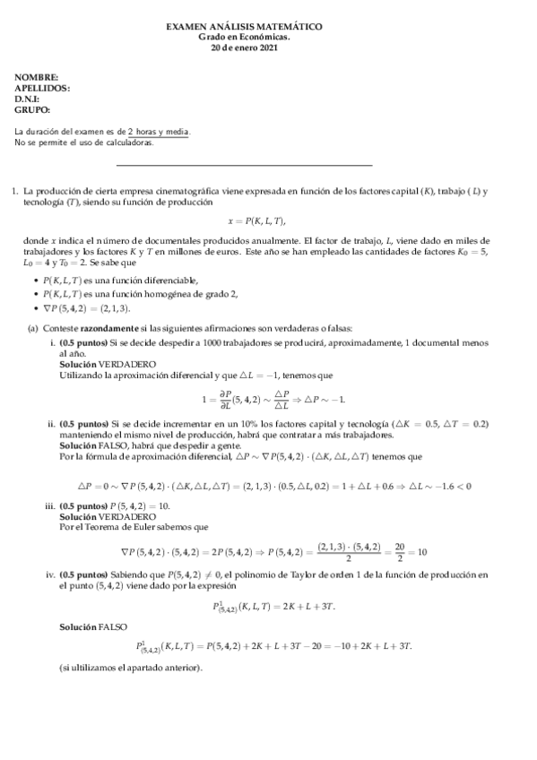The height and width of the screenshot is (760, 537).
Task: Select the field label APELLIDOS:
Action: [42, 89]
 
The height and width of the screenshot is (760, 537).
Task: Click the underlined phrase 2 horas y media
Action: [159, 132]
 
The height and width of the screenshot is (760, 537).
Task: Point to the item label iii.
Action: [50, 506]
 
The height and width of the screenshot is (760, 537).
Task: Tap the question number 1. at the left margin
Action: [14, 191]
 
